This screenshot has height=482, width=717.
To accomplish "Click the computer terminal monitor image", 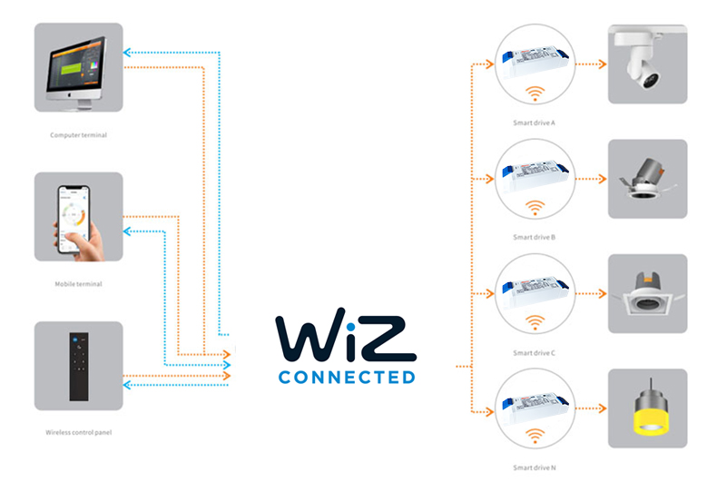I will point(78,68).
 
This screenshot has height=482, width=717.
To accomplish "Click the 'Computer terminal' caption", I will point(78,135).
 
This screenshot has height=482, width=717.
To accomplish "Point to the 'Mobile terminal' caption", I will point(78,284).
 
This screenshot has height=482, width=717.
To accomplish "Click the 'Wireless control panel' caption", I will point(78,432).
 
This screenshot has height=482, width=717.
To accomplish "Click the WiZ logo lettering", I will point(346,336).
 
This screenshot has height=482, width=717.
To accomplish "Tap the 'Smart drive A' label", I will point(534,122).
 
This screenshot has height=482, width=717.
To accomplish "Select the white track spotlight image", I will point(647,64).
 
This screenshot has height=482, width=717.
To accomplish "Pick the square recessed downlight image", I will point(647,293).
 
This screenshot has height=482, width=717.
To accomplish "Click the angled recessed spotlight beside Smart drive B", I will point(647,179).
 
